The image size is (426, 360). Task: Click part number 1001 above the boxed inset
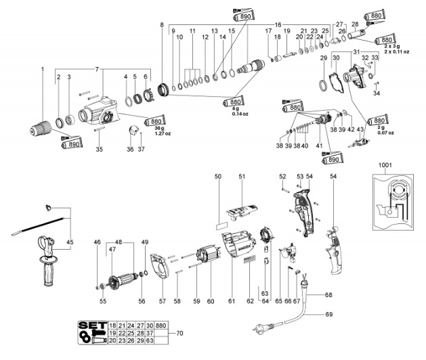[x=385, y=164]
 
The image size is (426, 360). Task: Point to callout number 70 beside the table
[x=179, y=334]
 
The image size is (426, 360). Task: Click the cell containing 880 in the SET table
[x=160, y=325]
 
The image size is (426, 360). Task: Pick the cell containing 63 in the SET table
[x=160, y=342]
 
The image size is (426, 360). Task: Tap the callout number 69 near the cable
[x=328, y=315]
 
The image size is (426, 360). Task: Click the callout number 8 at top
[x=162, y=25]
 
